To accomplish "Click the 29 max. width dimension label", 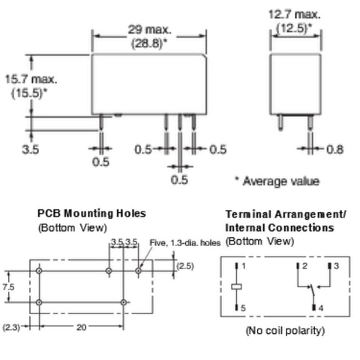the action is pyautogui.click(x=150, y=30).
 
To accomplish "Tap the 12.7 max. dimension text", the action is pyautogui.click(x=294, y=14).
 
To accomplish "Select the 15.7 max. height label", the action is pyautogui.click(x=31, y=79).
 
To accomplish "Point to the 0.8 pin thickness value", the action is pyautogui.click(x=335, y=149).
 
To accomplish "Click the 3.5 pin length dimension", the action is pyautogui.click(x=30, y=149).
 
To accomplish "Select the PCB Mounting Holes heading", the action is pyautogui.click(x=91, y=213).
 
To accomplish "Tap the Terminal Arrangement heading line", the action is pyautogui.click(x=286, y=214).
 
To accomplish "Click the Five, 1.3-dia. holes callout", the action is pyautogui.click(x=185, y=242).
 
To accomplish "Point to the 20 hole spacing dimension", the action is pyautogui.click(x=82, y=327).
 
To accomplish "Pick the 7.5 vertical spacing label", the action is pyautogui.click(x=8, y=287).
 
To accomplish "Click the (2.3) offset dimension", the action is pyautogui.click(x=11, y=327).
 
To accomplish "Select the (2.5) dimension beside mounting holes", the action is pyautogui.click(x=185, y=266).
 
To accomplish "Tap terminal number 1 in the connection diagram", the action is pyautogui.click(x=244, y=265).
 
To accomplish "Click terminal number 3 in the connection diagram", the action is pyautogui.click(x=336, y=265).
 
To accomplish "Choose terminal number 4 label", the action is pyautogui.click(x=321, y=308).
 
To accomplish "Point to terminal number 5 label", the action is pyautogui.click(x=243, y=308).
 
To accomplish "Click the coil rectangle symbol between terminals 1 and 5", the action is pyautogui.click(x=236, y=286).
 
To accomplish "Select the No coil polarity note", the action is pyautogui.click(x=285, y=331).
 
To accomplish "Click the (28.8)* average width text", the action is pyautogui.click(x=149, y=43).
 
